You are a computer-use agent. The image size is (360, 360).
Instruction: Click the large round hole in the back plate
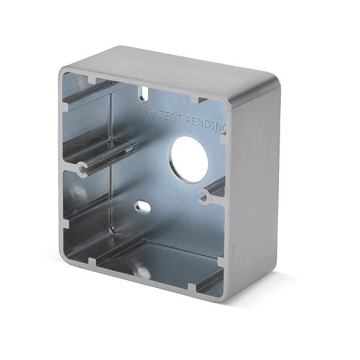coord(190,160)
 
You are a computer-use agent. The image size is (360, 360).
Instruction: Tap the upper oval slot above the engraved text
coord(144,94)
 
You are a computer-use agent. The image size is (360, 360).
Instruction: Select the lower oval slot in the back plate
coord(143,206)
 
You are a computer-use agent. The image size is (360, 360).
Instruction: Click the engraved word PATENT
coord(166,115)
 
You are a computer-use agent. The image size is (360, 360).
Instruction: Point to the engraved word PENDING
coord(206,125)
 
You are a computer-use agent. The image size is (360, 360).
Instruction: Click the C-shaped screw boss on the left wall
coord(82,169)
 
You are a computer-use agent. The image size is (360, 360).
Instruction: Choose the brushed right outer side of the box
coord(255,184)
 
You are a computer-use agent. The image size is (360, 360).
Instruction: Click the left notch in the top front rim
coord(92,80)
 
